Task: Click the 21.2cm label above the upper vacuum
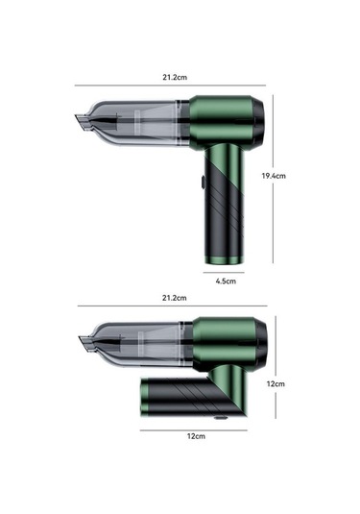[x=175, y=78]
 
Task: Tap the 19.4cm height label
[x=274, y=176]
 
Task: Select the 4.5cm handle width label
[x=226, y=281]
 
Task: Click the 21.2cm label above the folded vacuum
[x=174, y=298]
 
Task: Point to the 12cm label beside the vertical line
[x=276, y=384]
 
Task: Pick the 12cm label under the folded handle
[x=196, y=436]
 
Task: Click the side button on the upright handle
[x=203, y=183]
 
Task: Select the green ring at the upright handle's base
[x=225, y=260]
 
